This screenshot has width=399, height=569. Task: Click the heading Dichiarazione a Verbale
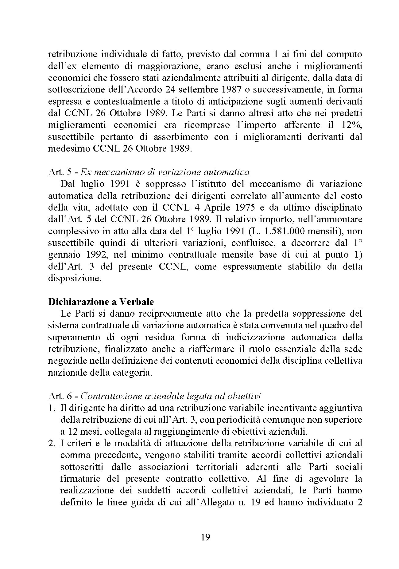coord(101,302)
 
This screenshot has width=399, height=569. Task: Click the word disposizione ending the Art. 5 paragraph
coord(73,278)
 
